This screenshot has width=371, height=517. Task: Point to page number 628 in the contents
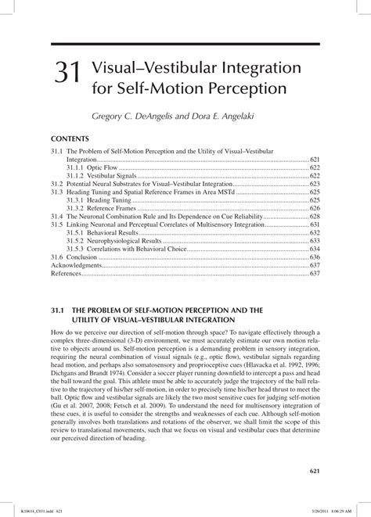[315, 217]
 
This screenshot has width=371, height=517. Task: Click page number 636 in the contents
[315, 257]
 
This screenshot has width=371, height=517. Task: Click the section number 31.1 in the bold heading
[62, 311]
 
